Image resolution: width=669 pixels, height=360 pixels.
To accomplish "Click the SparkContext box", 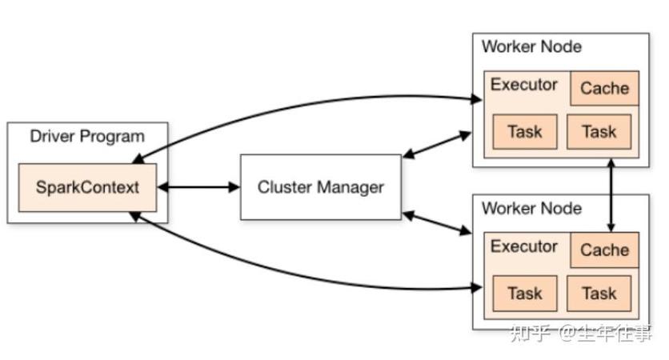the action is [x=87, y=187].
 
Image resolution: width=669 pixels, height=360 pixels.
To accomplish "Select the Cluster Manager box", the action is [x=321, y=187].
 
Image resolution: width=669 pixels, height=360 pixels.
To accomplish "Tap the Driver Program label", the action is [x=87, y=137].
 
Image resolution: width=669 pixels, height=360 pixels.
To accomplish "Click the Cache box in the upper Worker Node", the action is [x=604, y=88].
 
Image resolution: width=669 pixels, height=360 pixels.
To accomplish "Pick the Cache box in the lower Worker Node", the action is [x=604, y=250].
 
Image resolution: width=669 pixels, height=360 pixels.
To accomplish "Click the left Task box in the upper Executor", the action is [x=525, y=131].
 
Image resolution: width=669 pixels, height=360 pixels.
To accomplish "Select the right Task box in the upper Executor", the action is [x=599, y=131].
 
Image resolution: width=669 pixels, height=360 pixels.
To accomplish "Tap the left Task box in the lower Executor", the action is [x=525, y=293].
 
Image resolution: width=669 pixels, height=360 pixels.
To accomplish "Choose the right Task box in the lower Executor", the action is [x=599, y=293].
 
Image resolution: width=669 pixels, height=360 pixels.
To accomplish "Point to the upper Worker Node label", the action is [x=531, y=46].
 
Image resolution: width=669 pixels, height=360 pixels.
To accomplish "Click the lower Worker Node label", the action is [x=531, y=208].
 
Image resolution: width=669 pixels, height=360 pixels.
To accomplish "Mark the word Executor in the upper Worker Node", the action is [x=524, y=85].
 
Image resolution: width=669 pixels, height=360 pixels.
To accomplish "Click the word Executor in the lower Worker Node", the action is [x=524, y=246].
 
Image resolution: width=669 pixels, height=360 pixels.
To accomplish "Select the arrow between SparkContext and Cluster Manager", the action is [x=198, y=187].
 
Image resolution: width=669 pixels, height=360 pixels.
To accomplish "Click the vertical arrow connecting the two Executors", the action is [x=611, y=195].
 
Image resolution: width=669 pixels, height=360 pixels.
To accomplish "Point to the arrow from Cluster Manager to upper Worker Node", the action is [x=437, y=145].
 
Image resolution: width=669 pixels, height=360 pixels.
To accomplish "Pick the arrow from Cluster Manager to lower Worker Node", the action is [x=437, y=222].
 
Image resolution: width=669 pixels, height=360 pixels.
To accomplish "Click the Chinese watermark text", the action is [x=581, y=333].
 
